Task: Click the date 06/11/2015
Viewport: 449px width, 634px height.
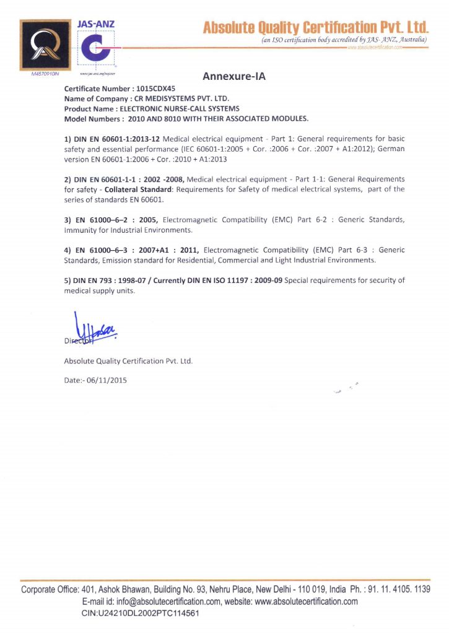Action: (107, 380)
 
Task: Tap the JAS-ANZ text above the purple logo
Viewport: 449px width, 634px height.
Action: (95, 24)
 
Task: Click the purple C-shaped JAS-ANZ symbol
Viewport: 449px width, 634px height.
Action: (97, 48)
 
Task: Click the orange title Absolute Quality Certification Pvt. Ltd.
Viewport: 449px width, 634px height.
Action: (316, 27)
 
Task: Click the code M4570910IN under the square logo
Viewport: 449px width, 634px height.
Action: (45, 74)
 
